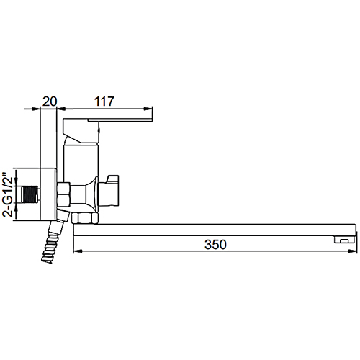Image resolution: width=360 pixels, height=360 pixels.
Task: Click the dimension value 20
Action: click(50, 102)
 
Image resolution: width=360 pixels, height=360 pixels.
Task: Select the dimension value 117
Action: click(104, 102)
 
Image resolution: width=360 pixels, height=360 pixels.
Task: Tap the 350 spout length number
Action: click(215, 245)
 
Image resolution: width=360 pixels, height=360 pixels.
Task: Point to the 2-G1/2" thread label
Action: click(7, 194)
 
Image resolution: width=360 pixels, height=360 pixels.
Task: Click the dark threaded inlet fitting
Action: click(30, 194)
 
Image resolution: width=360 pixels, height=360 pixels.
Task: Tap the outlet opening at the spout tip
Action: click(344, 240)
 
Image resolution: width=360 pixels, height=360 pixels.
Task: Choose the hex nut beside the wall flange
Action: click(63, 194)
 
